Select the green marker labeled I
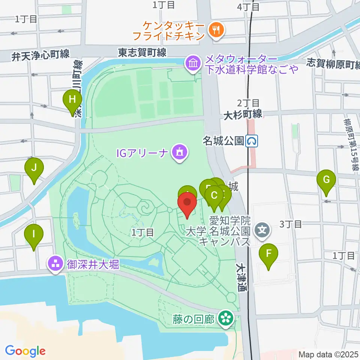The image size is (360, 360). coord(34,235)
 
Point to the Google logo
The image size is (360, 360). coord(25,351)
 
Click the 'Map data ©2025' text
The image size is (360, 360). coord(328,354)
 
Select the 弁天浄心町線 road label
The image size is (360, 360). coord(40,55)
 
